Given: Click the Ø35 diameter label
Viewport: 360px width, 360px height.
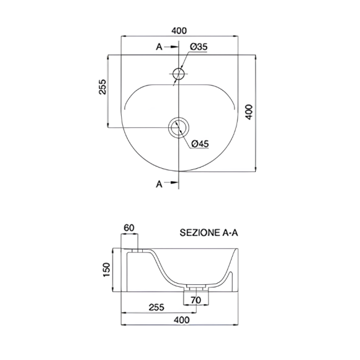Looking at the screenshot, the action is coord(199,47).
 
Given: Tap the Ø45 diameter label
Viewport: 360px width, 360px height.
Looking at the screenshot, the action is coord(200,144).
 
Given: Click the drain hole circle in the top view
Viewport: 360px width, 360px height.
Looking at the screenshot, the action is coord(179,117).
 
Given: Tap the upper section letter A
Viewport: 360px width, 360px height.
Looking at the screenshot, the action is coord(159,47).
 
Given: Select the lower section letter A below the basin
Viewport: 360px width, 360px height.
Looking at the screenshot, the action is coord(159,184).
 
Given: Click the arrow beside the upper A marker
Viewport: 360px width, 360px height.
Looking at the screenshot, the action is coord(171,47).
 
